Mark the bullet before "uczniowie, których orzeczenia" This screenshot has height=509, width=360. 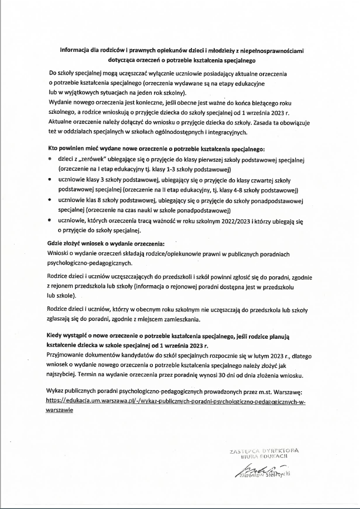pyautogui.click(x=51, y=221)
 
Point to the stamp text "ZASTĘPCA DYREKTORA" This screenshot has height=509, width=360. pyautogui.click(x=264, y=450)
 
